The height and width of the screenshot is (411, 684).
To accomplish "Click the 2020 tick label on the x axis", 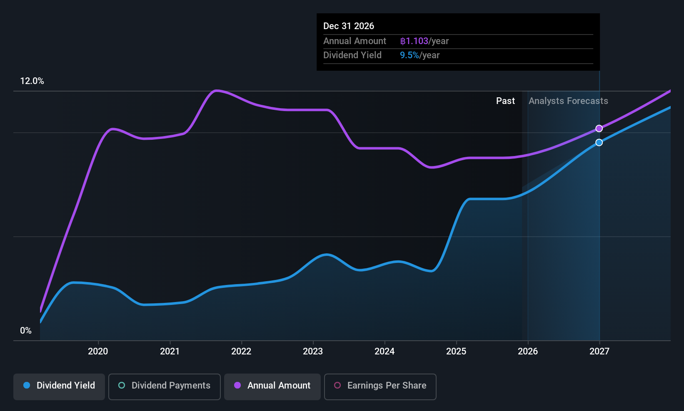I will pyautogui.click(x=98, y=352).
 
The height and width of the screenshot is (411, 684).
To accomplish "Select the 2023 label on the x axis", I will pyautogui.click(x=313, y=352).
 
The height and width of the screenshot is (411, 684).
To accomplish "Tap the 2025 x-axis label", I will pyautogui.click(x=456, y=352).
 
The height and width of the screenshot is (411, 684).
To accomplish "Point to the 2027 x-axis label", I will pyautogui.click(x=599, y=352).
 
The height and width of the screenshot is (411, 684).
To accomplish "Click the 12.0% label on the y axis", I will pyautogui.click(x=32, y=81).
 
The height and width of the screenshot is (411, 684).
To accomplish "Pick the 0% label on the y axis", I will pyautogui.click(x=26, y=331).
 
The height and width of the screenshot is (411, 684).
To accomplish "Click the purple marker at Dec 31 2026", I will pyautogui.click(x=599, y=129).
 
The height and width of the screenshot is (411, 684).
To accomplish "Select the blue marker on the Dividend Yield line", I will pyautogui.click(x=599, y=143).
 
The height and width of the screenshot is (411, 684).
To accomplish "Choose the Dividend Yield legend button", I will pyautogui.click(x=59, y=386).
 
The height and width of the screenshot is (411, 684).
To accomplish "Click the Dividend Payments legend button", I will pyautogui.click(x=165, y=386).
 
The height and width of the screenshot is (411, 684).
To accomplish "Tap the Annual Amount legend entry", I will pyautogui.click(x=272, y=386).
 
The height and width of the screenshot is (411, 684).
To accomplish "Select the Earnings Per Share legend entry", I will pyautogui.click(x=380, y=386).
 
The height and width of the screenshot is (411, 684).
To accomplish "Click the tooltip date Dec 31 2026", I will pyautogui.click(x=349, y=26).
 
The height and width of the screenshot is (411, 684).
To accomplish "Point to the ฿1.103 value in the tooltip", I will pyautogui.click(x=414, y=41).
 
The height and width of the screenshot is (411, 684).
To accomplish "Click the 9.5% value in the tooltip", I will pyautogui.click(x=409, y=55).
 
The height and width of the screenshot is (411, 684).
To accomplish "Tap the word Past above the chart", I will pyautogui.click(x=505, y=101).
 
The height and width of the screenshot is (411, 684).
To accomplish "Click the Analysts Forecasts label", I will pyautogui.click(x=568, y=101).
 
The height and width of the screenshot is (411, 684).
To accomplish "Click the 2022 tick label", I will pyautogui.click(x=241, y=352).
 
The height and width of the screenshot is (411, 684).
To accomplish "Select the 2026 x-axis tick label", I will pyautogui.click(x=528, y=352).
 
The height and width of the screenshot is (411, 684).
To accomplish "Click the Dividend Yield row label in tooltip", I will pyautogui.click(x=352, y=55).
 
